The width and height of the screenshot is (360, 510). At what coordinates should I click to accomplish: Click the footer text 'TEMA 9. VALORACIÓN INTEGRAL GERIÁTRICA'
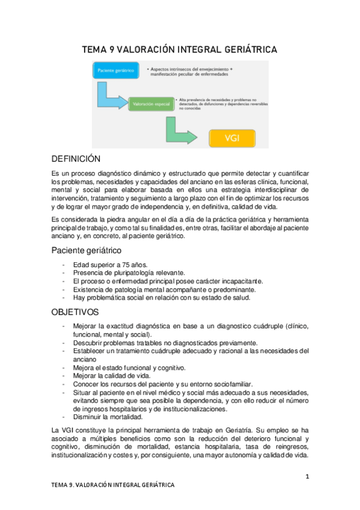113,485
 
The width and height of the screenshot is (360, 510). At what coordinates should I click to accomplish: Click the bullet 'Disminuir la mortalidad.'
108,417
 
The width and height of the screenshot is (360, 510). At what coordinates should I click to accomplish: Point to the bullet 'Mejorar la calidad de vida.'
111,376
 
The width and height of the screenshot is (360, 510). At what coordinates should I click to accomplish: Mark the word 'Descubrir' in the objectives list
88,343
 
